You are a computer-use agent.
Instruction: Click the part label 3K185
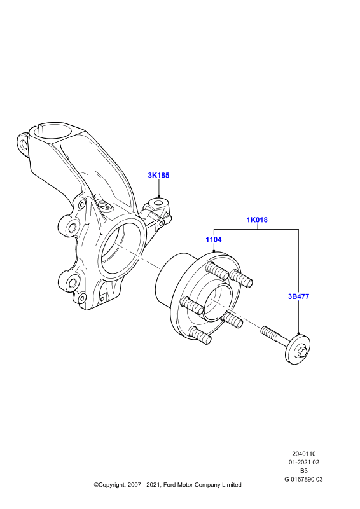tap(158, 176)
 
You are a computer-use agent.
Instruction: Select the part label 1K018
tap(257, 220)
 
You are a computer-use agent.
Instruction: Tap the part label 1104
tap(214, 240)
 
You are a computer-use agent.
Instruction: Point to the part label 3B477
tap(299, 296)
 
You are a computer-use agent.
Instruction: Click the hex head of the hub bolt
tap(301, 351)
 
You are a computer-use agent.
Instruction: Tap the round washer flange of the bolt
tap(298, 349)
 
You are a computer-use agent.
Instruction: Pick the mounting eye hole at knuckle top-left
tap(23, 144)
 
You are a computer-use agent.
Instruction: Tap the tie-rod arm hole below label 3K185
tap(158, 203)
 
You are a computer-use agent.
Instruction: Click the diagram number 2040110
tap(304, 454)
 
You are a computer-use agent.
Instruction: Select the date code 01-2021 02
tap(304, 463)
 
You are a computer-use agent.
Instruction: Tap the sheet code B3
tap(304, 471)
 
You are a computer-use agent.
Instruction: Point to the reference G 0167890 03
tap(304, 479)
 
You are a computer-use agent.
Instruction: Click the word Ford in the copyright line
tap(170, 485)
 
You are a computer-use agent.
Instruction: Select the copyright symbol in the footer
tap(96, 485)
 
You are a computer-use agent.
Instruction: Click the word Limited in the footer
tap(232, 485)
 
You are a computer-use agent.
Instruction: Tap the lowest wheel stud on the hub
tap(200, 335)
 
